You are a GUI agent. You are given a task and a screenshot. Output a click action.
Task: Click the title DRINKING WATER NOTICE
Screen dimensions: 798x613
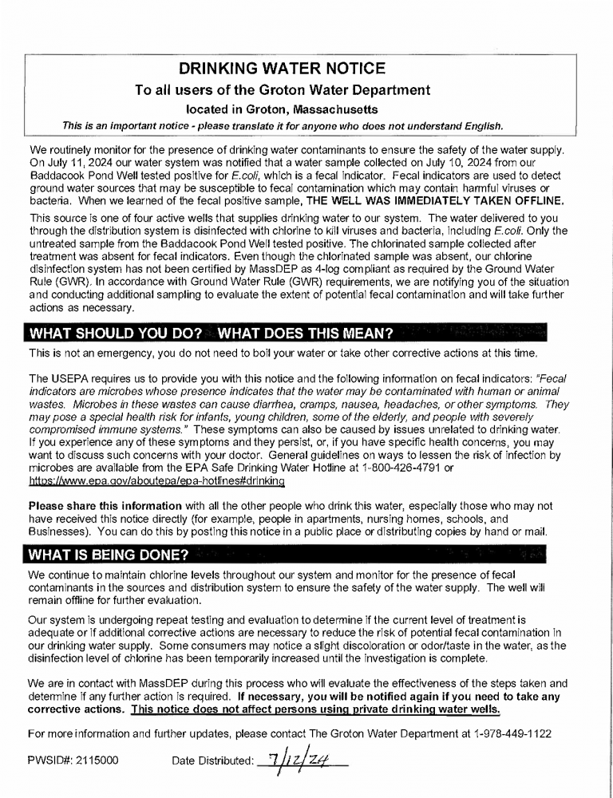(282, 69)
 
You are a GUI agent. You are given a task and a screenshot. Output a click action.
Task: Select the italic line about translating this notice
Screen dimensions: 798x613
(283, 126)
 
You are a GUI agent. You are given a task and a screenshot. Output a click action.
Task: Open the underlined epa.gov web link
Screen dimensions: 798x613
(156, 483)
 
